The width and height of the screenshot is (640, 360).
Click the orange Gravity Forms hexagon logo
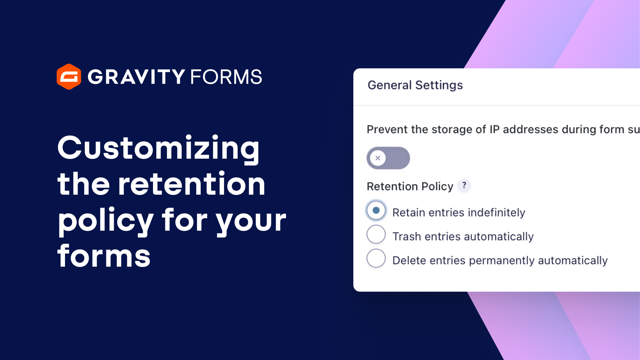69,77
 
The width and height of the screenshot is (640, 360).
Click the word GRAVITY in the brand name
136,77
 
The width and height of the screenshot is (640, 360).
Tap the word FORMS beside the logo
226,77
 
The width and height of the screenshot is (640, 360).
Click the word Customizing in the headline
158,148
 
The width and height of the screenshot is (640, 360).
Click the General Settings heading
415,85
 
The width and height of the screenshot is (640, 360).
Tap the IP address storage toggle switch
388,158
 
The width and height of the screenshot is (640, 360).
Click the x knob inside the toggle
378,158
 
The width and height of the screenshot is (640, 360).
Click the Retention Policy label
410,186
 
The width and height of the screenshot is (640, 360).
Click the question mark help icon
464,186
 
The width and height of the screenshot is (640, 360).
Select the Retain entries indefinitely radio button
376,210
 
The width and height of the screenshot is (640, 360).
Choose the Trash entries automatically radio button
376,234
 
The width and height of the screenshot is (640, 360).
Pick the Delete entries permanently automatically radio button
376,258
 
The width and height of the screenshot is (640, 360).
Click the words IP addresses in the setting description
524,129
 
